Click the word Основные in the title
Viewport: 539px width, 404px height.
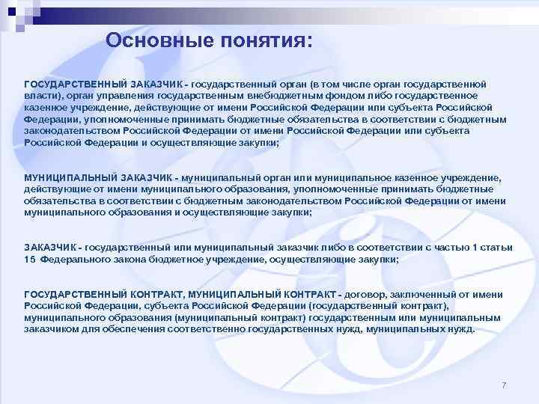(x=150, y=40)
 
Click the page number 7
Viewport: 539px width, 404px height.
(x=504, y=385)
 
